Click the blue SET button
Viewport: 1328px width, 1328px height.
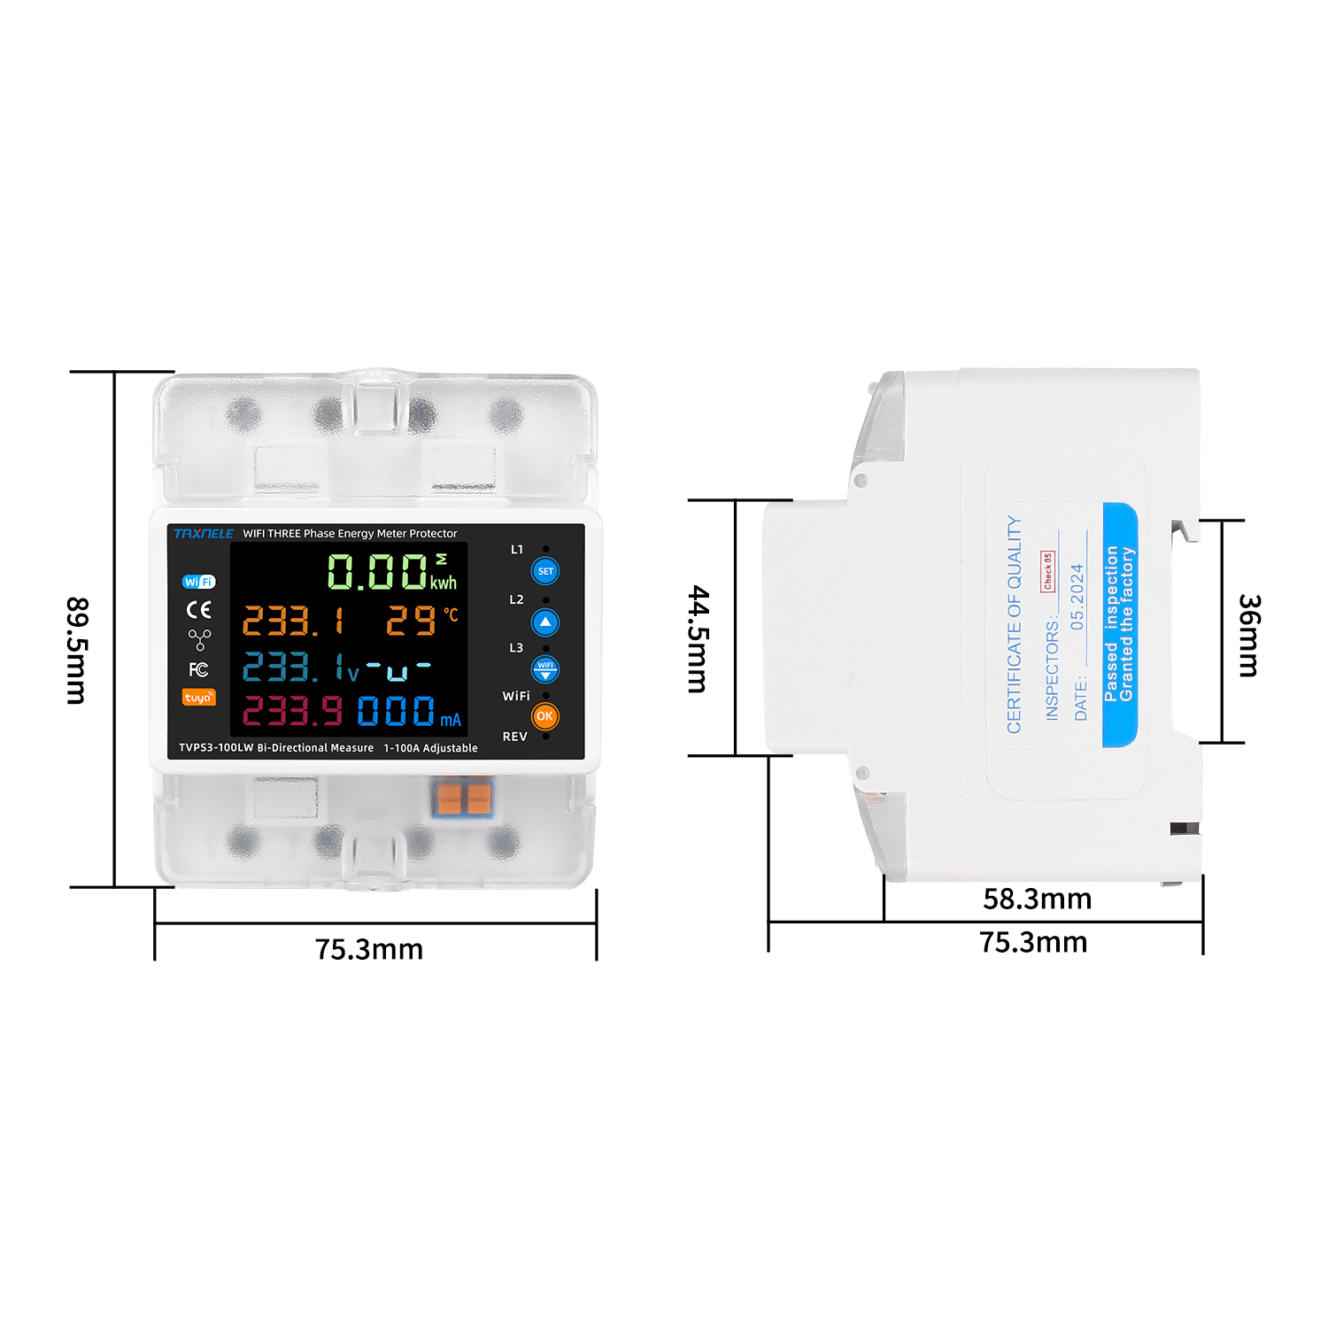[545, 571]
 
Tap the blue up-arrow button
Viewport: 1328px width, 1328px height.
[545, 622]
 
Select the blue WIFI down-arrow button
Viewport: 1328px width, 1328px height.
[545, 669]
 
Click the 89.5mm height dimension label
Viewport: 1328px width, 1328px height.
[77, 651]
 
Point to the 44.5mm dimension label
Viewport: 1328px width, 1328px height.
[699, 638]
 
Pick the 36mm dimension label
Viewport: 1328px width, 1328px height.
[1249, 636]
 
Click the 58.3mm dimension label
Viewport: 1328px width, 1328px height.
[1038, 899]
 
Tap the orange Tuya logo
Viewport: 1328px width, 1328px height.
[199, 698]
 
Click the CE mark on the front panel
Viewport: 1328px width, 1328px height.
[199, 610]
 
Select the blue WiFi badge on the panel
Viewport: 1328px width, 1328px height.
[199, 582]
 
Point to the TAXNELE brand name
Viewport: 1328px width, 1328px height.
[204, 534]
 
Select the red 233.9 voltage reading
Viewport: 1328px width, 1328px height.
[292, 711]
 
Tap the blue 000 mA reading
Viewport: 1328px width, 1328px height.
[410, 711]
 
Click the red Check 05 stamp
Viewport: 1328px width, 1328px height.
[1048, 572]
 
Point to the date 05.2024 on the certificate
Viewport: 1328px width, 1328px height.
[1077, 598]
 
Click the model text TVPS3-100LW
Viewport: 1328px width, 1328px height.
[216, 748]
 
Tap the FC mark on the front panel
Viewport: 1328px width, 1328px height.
[199, 670]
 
